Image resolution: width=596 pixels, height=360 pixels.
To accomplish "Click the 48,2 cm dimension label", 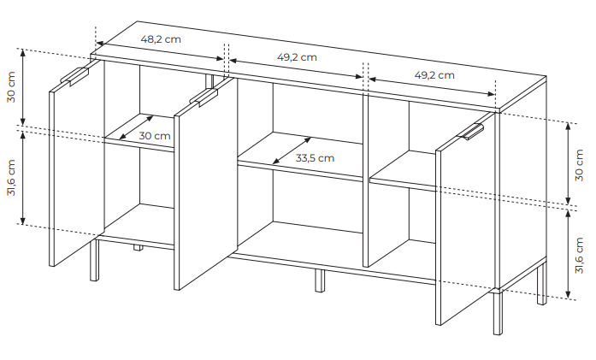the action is (161, 39).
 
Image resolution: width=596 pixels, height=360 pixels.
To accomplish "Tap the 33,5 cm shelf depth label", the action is (315, 157).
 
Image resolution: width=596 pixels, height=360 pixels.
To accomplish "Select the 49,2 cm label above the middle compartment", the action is (297, 57).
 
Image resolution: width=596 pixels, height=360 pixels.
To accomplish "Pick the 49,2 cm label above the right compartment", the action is (434, 75).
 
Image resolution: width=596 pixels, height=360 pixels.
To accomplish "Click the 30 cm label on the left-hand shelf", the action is (154, 136).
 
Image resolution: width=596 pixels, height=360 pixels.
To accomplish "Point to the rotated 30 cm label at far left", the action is (11, 86).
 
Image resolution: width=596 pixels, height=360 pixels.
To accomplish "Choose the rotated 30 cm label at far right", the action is (579, 165).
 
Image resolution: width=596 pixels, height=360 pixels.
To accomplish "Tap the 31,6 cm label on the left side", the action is (11, 178).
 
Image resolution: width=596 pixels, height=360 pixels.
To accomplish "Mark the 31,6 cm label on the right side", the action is (579, 255).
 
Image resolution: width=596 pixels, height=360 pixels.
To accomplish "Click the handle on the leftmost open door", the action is (74, 76).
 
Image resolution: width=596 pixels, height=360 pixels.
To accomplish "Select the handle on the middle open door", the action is (204, 97).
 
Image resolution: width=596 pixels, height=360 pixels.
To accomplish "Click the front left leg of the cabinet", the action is (94, 260).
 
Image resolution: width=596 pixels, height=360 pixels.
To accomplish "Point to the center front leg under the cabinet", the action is (320, 280).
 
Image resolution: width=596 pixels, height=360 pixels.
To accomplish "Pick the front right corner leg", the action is (498, 312).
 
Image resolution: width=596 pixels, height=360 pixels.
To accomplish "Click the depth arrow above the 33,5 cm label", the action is (292, 150).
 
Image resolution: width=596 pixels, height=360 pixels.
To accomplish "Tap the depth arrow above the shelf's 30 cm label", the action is (136, 127).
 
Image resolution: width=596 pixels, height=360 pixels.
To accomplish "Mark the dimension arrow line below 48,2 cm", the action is (160, 50).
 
